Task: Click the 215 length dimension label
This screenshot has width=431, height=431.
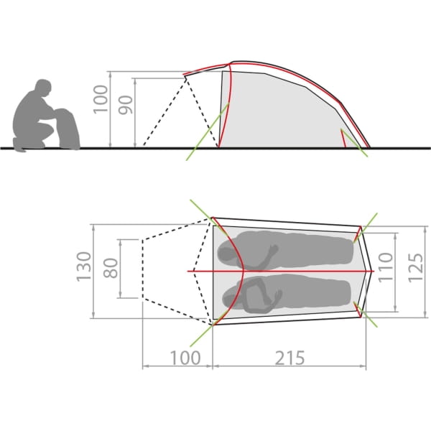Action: pyautogui.click(x=289, y=358)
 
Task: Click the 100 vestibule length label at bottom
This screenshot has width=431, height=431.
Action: pyautogui.click(x=185, y=358)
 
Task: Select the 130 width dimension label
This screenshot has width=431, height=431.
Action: pyautogui.click(x=83, y=267)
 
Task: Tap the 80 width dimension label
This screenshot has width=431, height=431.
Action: pyautogui.click(x=111, y=268)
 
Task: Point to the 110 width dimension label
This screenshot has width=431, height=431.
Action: pyautogui.click(x=385, y=267)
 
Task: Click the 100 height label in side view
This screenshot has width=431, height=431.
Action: pyautogui.click(x=101, y=99)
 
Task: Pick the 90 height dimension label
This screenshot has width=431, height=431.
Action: pyautogui.click(x=126, y=105)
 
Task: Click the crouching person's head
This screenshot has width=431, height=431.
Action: pyautogui.click(x=43, y=88)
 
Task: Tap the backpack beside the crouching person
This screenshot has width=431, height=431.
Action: pyautogui.click(x=68, y=129)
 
